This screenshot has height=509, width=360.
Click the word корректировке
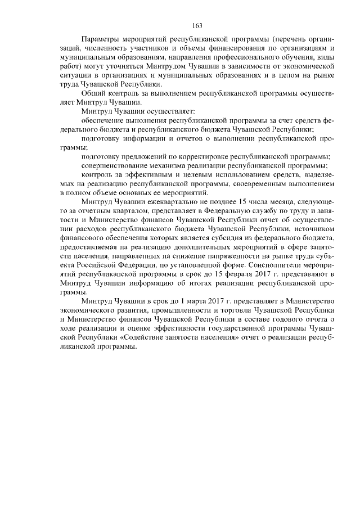[x=206, y=156]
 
